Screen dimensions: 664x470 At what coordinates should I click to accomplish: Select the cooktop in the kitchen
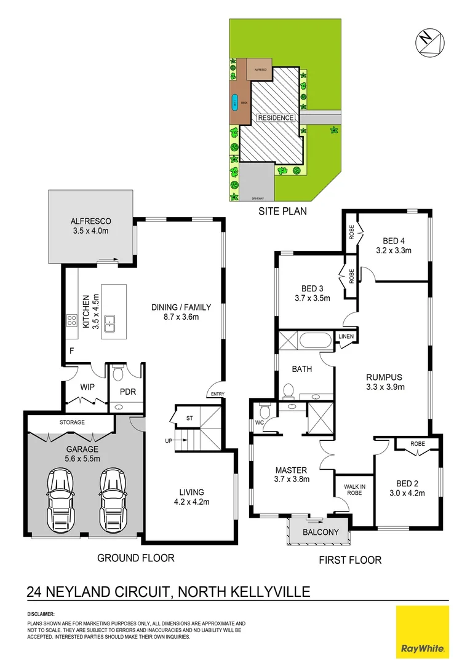coord(71,320)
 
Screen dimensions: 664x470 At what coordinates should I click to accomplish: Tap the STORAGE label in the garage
coord(72,422)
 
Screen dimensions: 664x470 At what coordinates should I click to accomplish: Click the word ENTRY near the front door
coord(217,394)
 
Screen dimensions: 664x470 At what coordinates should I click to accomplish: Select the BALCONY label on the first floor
coord(319,532)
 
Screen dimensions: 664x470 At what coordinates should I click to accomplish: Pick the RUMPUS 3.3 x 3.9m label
coord(384,382)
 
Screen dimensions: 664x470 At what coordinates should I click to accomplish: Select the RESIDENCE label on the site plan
coord(276,117)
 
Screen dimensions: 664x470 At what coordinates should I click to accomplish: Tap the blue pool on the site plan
coord(234,103)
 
